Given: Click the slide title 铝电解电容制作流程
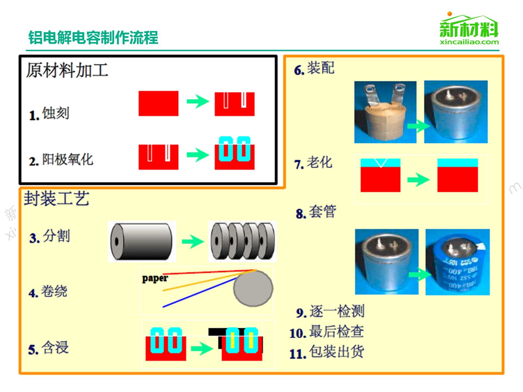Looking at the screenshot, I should click(93, 37).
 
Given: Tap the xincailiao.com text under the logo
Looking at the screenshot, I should click(469, 42).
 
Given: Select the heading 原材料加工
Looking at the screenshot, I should click(67, 70).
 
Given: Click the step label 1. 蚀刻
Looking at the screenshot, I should click(49, 114).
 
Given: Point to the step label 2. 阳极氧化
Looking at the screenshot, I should click(61, 160).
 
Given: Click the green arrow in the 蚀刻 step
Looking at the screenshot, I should click(197, 102).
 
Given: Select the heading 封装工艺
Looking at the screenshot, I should click(56, 198).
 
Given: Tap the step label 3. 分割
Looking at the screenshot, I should click(50, 236).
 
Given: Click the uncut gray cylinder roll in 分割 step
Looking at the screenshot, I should click(141, 241).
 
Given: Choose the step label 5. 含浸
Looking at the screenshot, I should click(48, 348).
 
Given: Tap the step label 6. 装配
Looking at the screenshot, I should click(314, 68).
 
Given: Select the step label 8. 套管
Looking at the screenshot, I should click(316, 212).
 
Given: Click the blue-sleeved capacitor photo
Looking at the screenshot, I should click(458, 262).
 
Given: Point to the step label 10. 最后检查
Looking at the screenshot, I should click(327, 332).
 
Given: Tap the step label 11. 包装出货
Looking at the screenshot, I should click(327, 352).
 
